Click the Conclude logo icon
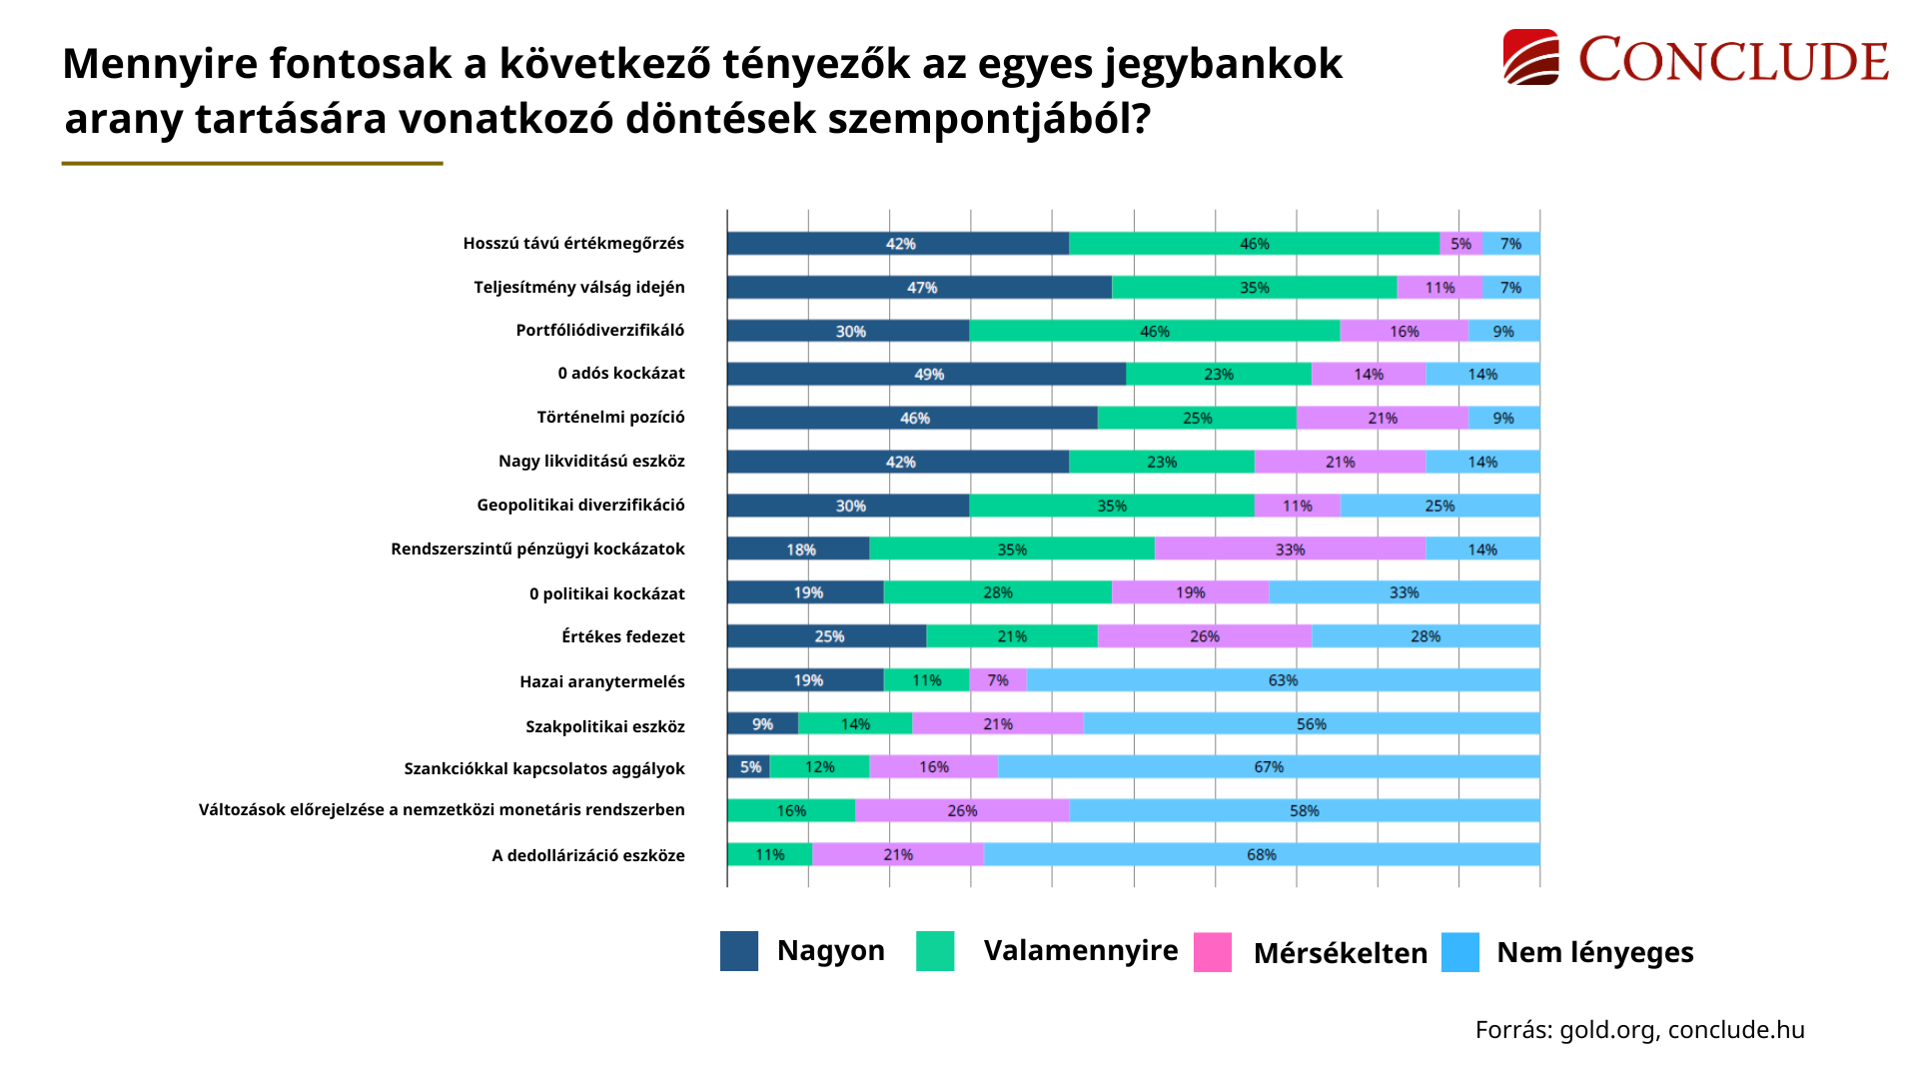1530,57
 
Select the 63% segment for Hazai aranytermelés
1283,680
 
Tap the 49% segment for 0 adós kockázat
926,374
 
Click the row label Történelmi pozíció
610,418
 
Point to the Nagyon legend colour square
739,951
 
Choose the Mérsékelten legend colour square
1213,952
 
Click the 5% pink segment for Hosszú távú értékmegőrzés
1460,244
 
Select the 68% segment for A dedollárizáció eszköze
1261,854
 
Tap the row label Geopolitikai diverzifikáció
580,506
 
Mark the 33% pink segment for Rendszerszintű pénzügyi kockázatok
1290,549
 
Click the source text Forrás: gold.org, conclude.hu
1639,1030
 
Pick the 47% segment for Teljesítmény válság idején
919,288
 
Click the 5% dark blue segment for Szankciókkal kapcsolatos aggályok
748,767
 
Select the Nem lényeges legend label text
1594,952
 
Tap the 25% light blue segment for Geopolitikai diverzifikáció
1439,506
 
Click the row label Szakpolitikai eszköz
604,726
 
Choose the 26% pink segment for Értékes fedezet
1204,636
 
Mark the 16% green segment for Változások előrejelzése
791,810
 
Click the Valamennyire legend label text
1080,950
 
